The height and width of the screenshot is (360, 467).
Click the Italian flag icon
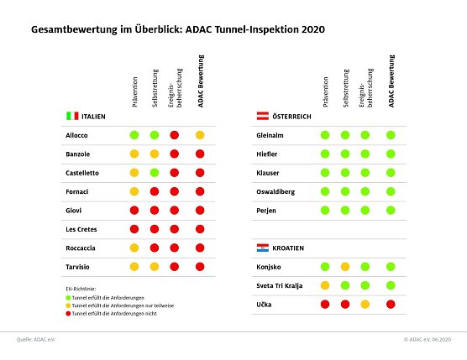pos(72,115)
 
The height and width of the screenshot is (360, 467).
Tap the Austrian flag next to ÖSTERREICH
pos(262,115)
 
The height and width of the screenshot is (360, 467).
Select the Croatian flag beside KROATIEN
pos(262,248)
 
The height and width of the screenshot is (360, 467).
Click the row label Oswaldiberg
pos(275,191)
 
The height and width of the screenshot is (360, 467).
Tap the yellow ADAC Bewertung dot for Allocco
pos(200,135)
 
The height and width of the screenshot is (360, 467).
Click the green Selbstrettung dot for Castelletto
pos(155,173)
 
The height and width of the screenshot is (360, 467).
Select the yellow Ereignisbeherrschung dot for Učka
pos(365,304)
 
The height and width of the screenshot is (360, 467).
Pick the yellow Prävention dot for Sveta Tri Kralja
pos(325,285)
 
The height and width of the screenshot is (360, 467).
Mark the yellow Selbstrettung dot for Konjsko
pos(345,267)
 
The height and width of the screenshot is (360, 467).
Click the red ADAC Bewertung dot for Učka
pos(391,304)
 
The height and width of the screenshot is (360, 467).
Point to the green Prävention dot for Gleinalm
pos(325,135)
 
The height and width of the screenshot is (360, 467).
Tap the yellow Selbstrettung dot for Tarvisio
pos(155,266)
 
